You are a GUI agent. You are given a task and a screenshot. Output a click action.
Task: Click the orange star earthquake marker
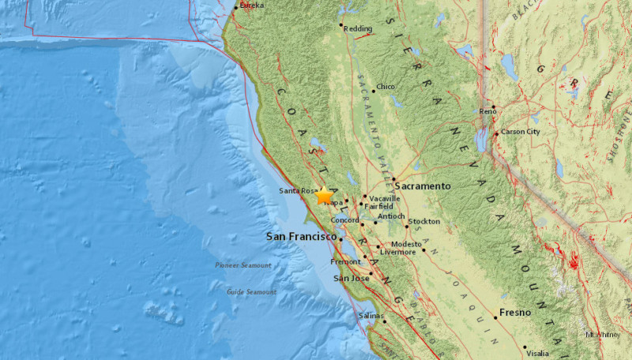[324, 196]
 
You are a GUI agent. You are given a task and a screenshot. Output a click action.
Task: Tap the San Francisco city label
[300, 236]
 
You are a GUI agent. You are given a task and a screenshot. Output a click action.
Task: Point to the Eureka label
[251, 6]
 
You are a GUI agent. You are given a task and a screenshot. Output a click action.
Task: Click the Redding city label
[360, 27]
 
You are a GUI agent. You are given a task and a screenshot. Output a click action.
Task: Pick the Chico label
[386, 87]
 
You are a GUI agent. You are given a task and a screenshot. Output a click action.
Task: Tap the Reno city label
[487, 112]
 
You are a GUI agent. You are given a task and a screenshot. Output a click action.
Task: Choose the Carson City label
[520, 131]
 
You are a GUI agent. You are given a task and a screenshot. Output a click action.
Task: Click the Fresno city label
[514, 313]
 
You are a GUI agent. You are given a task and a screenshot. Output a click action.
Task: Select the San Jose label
[351, 278]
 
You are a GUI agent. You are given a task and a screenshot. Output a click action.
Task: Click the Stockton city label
[424, 222]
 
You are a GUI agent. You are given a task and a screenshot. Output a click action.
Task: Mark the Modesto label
[406, 245]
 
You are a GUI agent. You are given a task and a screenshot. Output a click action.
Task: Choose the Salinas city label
[371, 316]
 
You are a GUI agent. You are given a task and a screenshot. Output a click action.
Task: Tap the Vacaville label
[384, 198]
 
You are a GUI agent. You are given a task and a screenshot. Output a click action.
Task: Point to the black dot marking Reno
[493, 107]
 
